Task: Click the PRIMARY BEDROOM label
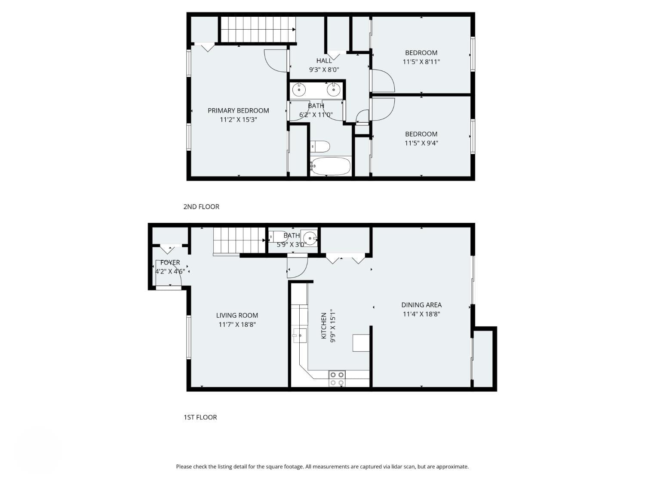pyautogui.click(x=238, y=111)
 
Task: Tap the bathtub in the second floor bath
pyautogui.click(x=330, y=166)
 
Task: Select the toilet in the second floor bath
pyautogui.click(x=320, y=147)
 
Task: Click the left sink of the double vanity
pyautogui.click(x=299, y=90)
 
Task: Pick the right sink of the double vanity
pyautogui.click(x=334, y=90)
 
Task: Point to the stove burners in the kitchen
pyautogui.click(x=337, y=379)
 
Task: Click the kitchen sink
pyautogui.click(x=300, y=335)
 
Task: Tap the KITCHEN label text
pyautogui.click(x=324, y=326)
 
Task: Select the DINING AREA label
pyautogui.click(x=421, y=305)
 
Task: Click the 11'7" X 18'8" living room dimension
pyautogui.click(x=237, y=325)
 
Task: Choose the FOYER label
pyautogui.click(x=170, y=262)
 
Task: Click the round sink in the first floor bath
pyautogui.click(x=310, y=237)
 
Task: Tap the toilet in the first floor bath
pyautogui.click(x=277, y=237)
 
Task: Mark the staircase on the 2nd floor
pyautogui.click(x=257, y=30)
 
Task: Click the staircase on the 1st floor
pyautogui.click(x=239, y=241)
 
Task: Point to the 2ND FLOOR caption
pyautogui.click(x=201, y=207)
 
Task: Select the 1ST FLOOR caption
pyautogui.click(x=200, y=417)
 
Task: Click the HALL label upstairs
pyautogui.click(x=324, y=61)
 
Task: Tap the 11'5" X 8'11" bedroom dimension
pyautogui.click(x=421, y=62)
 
